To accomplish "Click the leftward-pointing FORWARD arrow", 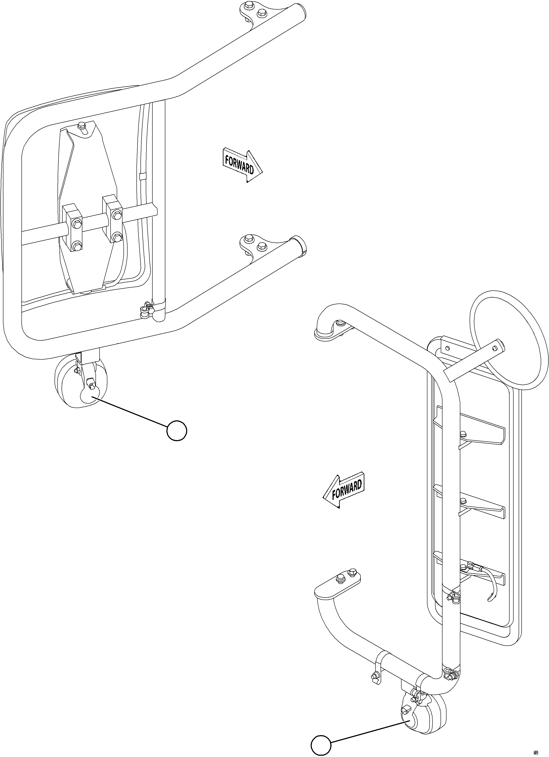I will point(344,490).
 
